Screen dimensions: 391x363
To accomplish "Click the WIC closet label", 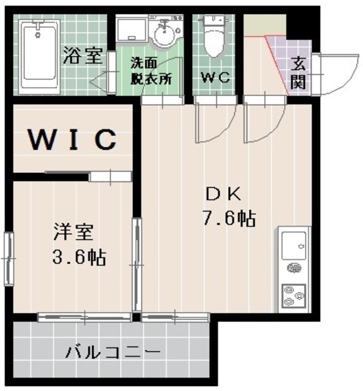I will (72, 140).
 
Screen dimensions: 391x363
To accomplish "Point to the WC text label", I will (214, 78).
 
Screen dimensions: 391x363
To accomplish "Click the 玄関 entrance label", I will (298, 72).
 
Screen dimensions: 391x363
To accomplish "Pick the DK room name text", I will (224, 194).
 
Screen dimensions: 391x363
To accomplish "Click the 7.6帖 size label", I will (229, 218).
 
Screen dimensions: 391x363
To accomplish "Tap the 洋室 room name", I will (73, 232).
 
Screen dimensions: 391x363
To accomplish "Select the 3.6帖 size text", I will (78, 257).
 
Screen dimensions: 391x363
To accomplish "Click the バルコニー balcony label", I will (113, 353).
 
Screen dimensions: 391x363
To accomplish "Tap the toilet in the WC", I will (213, 37).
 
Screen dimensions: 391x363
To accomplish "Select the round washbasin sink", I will (164, 35).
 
